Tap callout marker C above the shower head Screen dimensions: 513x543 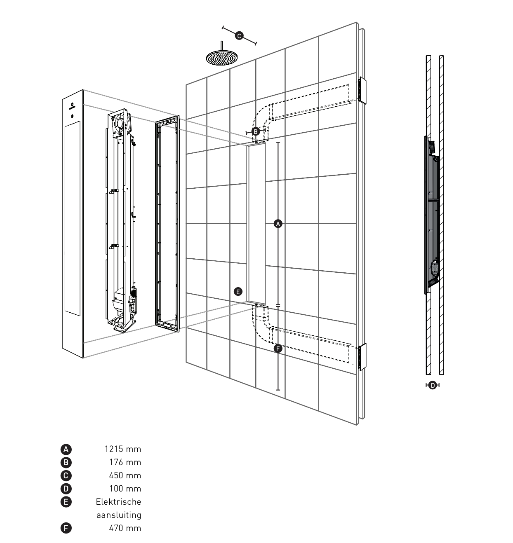click(239, 35)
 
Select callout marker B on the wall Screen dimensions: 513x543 click(256, 131)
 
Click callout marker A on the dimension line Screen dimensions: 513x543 click(278, 224)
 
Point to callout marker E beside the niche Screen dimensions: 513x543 click(238, 292)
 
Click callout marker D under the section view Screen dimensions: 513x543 click(432, 385)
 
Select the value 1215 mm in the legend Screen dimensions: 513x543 click(122, 449)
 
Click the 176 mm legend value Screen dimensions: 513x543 click(125, 462)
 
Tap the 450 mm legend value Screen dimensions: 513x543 click(125, 475)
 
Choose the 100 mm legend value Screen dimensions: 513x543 click(125, 489)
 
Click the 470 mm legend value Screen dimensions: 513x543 click(125, 528)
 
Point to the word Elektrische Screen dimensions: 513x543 click(118, 502)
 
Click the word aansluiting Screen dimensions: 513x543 click(119, 515)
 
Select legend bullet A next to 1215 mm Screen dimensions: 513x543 click(66, 449)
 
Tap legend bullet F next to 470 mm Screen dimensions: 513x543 click(66, 528)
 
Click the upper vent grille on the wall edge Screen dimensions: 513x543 click(362, 89)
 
